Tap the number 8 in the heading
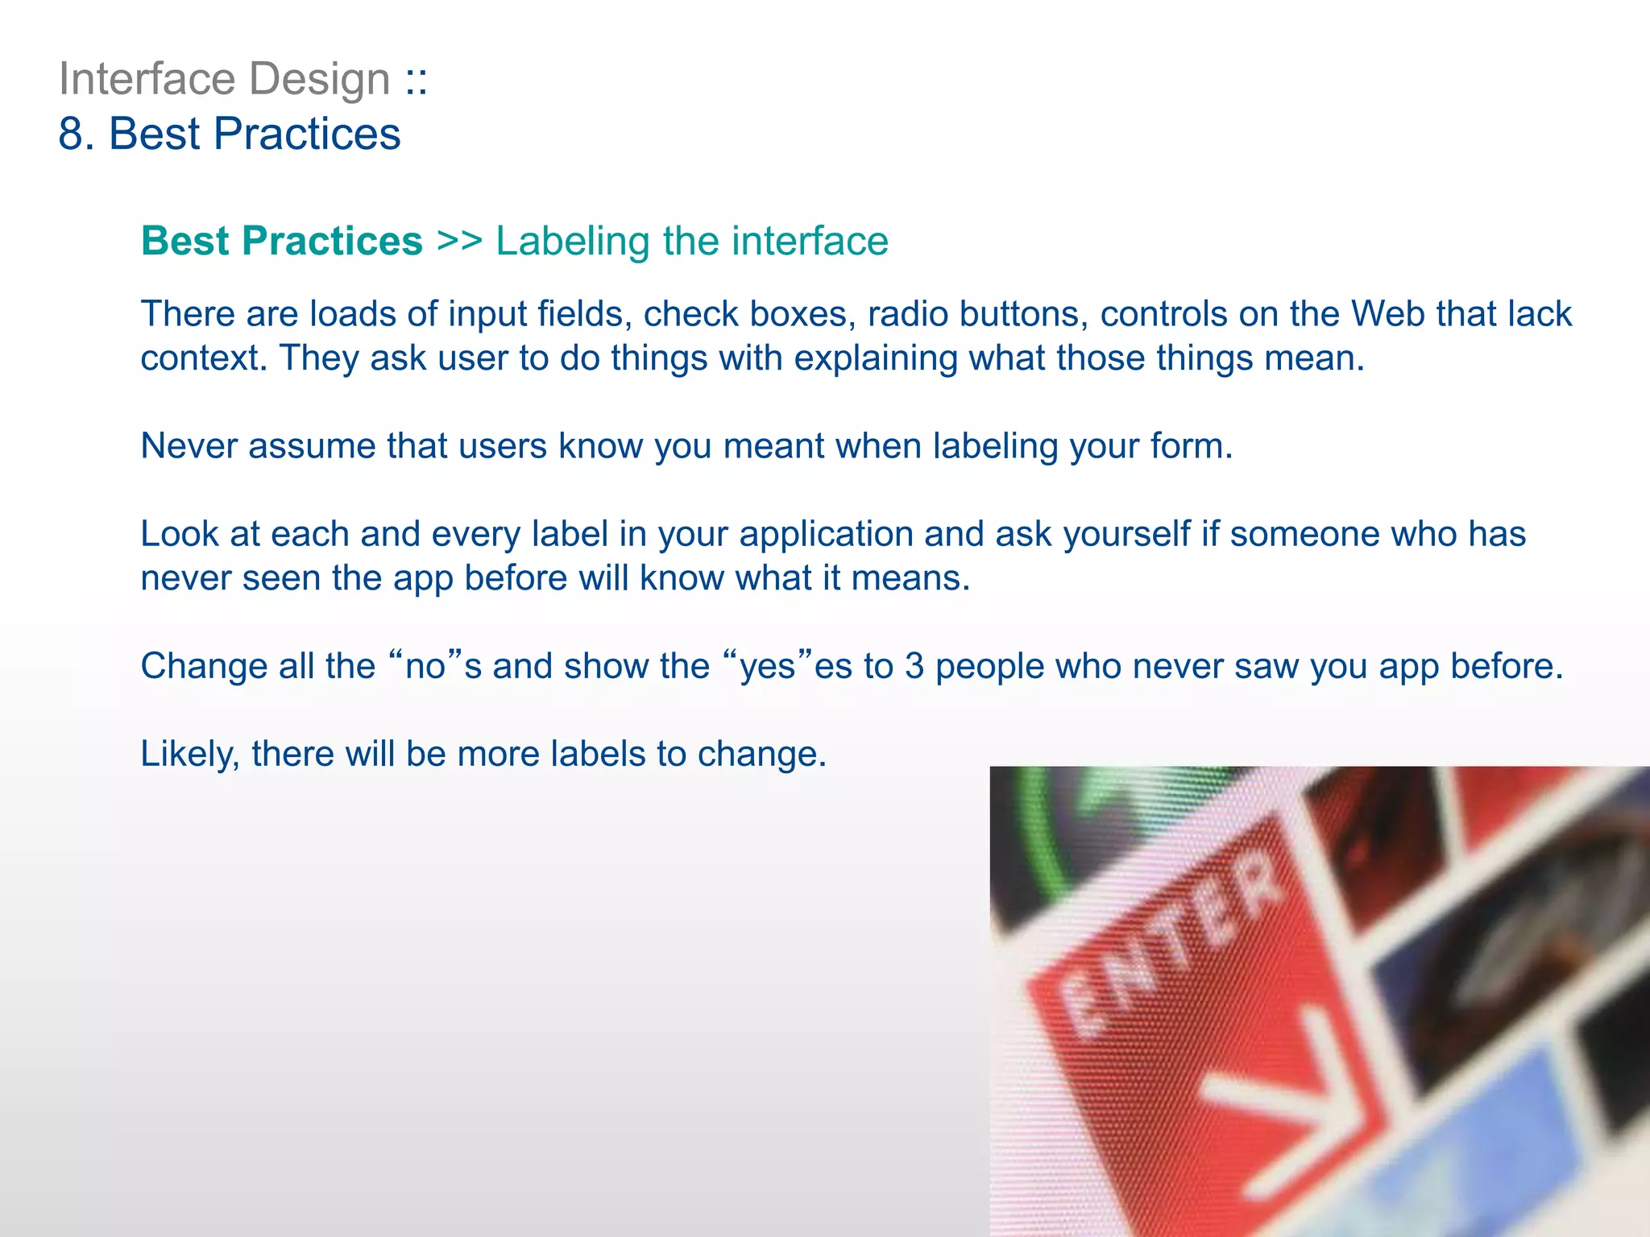pos(73,134)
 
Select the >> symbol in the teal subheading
pos(459,241)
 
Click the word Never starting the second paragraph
pos(189,445)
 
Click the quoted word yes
pos(766,666)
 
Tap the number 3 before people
pos(914,666)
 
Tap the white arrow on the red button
pos(1281,1103)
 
